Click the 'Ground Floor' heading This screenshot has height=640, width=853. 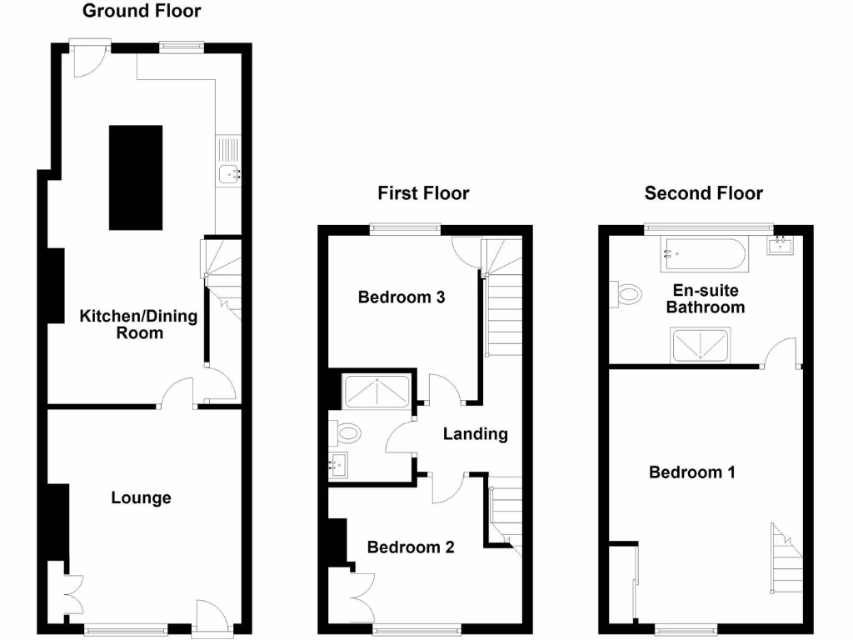[x=142, y=11]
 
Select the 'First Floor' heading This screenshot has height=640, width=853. [x=423, y=193]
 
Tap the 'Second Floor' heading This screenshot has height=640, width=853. [x=704, y=193]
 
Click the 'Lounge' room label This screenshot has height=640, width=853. [x=142, y=497]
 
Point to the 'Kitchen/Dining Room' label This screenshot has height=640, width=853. [x=138, y=324]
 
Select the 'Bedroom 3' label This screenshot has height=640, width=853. [x=402, y=297]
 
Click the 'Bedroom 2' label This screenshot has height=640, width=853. [x=411, y=547]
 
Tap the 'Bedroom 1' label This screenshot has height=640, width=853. [x=692, y=472]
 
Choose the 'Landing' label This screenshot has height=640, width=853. [x=475, y=433]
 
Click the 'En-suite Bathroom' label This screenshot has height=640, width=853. [x=709, y=299]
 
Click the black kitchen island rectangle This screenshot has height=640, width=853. [x=136, y=177]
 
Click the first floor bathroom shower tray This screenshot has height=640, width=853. [x=377, y=391]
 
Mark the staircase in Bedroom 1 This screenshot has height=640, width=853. [x=786, y=558]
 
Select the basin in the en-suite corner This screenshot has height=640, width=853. [x=782, y=244]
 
